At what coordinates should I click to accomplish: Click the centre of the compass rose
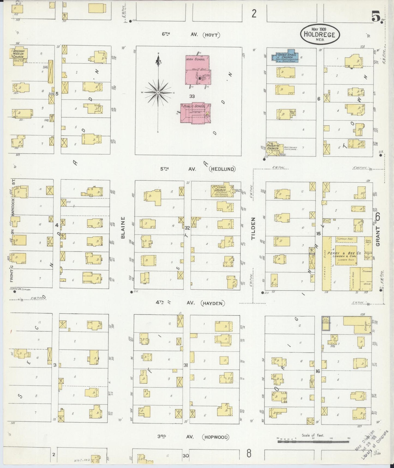coord(158,93)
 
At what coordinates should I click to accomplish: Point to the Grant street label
coord(378,236)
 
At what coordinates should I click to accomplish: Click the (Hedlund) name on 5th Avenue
coord(222,169)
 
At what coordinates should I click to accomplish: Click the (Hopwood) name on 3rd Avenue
coord(215,437)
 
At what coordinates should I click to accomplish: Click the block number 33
coord(192,96)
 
